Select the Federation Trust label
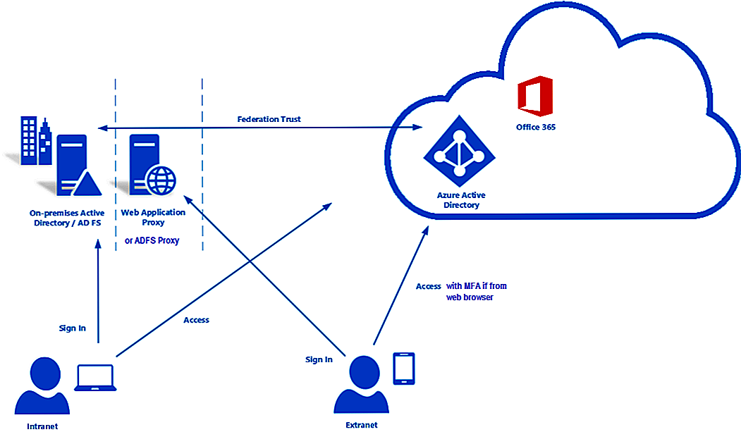point(269,119)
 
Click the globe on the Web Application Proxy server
point(161,180)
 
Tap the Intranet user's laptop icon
point(97,378)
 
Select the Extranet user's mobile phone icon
point(403,367)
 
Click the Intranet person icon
point(41,388)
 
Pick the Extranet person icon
point(361,386)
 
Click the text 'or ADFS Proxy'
point(152,240)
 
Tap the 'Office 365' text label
point(536,128)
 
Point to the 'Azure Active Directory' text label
point(462,200)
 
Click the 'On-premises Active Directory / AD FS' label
point(67,217)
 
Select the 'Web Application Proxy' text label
point(153,217)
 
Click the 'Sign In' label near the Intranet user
point(73,328)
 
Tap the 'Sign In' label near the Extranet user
point(319,359)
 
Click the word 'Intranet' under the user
point(42,426)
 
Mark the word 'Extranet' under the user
point(362,424)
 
